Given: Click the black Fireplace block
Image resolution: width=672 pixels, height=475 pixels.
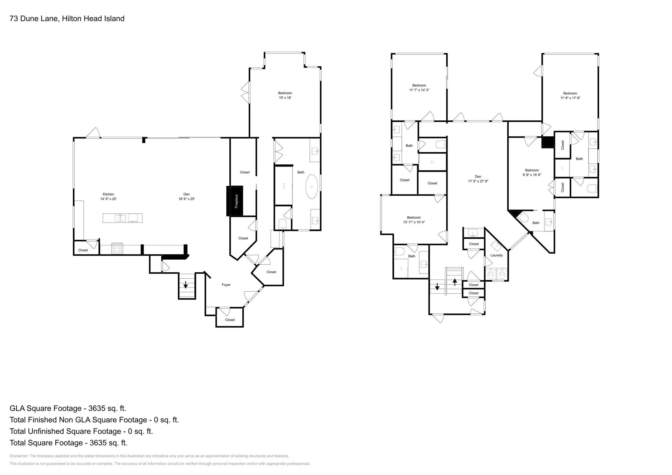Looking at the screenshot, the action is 235,201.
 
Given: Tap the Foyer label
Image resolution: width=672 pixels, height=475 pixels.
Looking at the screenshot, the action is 226,285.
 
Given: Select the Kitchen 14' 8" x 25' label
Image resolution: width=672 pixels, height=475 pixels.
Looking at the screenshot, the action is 108,196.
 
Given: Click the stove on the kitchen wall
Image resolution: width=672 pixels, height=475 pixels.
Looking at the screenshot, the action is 117,248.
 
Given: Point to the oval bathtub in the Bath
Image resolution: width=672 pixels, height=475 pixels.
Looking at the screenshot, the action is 312,187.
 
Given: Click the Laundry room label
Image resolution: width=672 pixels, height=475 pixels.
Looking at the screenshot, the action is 497,255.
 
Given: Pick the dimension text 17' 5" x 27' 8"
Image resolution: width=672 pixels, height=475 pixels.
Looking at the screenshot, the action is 478,181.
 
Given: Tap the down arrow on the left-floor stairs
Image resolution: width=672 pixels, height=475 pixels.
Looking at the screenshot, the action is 186,284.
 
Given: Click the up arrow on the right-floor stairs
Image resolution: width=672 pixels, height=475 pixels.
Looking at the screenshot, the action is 455,282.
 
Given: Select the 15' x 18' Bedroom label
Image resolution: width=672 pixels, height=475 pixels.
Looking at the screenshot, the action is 285,95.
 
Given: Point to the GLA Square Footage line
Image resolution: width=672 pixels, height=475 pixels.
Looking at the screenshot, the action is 68,408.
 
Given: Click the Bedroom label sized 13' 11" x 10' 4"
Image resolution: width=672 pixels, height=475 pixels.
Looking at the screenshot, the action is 414,220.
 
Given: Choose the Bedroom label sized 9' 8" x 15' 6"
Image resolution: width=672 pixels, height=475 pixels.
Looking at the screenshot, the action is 532,172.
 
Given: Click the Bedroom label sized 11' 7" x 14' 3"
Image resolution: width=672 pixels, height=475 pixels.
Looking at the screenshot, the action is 419,88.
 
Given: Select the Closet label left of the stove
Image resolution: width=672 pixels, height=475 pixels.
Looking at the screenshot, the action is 83,250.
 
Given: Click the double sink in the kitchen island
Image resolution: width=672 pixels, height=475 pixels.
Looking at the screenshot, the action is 120,218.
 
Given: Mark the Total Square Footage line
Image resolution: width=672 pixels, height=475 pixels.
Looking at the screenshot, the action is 69,443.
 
